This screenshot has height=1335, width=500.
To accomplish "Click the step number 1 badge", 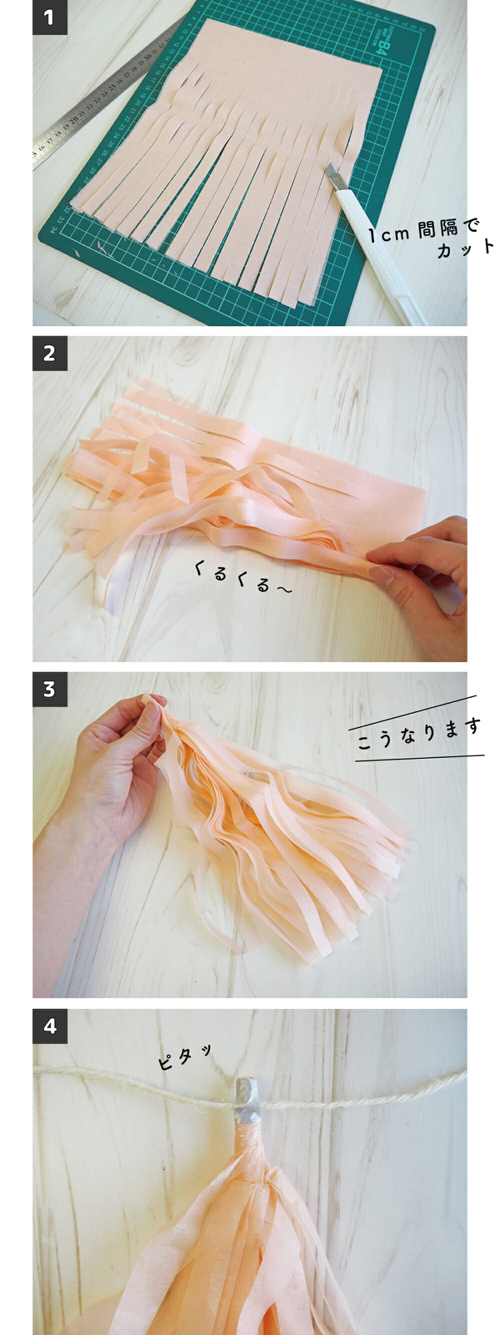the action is click(49, 18).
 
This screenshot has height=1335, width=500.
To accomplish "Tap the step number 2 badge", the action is click(49, 354).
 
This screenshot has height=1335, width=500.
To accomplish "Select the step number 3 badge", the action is click(49, 690).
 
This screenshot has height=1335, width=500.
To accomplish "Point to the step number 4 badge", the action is click(49, 1026).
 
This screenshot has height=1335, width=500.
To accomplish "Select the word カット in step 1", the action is click(466, 248).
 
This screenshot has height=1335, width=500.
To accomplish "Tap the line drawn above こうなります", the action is click(412, 713).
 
